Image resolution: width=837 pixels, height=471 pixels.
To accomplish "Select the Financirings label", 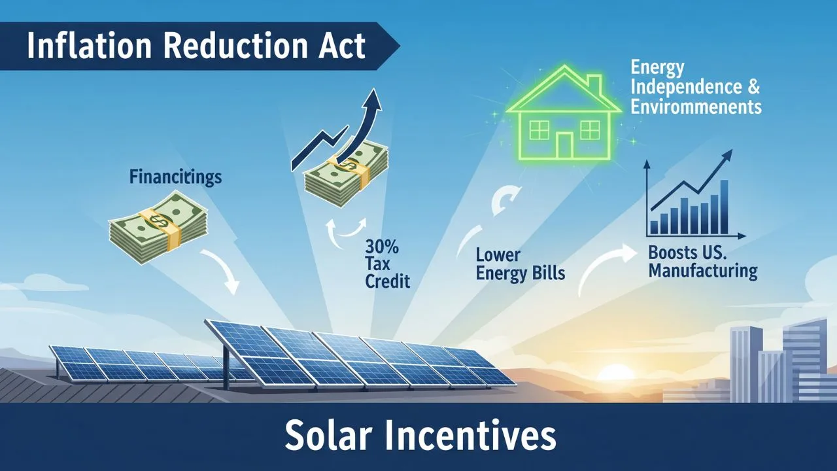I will click(x=175, y=177).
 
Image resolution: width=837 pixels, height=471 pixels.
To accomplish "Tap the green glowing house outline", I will click(x=562, y=121).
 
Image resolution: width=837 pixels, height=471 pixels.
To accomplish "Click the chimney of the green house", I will click(x=595, y=85).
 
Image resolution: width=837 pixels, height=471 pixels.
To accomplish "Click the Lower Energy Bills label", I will click(x=520, y=264).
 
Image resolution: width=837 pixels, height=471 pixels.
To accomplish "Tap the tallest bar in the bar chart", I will click(x=724, y=206).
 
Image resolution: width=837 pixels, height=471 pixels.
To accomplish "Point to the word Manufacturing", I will click(x=703, y=270).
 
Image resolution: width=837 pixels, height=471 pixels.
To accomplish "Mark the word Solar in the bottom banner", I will click(x=333, y=436).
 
